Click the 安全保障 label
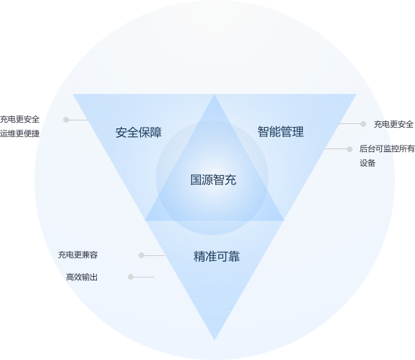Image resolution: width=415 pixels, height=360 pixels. [x=139, y=133]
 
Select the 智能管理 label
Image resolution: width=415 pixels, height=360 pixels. [x=281, y=132]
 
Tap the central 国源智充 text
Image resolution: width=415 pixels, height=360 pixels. [x=213, y=180]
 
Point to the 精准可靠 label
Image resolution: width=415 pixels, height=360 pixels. [x=217, y=257]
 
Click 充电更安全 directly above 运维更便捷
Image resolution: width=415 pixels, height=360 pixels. [x=19, y=119]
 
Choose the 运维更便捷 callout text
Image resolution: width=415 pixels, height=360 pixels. [x=19, y=133]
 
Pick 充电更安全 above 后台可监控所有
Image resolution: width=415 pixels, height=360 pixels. [x=393, y=124]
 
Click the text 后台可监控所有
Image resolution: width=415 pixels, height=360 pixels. [x=387, y=149]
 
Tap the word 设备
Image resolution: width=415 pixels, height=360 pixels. [x=368, y=163]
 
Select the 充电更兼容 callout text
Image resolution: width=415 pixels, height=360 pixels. [x=78, y=255]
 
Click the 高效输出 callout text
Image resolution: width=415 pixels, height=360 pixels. [x=82, y=277]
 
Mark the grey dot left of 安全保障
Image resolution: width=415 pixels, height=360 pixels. [x=66, y=120]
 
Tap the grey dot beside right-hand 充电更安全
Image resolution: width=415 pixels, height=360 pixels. [x=363, y=123]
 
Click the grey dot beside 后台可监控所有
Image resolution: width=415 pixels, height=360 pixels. [x=350, y=149]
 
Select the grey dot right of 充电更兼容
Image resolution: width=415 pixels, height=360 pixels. [x=141, y=255]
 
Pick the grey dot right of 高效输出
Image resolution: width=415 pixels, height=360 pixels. [x=131, y=277]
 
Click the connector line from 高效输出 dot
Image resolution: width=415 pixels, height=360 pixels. [x=144, y=277]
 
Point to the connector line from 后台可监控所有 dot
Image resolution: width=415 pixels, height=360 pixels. [x=336, y=149]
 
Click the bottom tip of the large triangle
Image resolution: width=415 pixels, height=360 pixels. [x=215, y=340]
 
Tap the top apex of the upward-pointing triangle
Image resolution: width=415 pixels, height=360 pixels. [x=214, y=94]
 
